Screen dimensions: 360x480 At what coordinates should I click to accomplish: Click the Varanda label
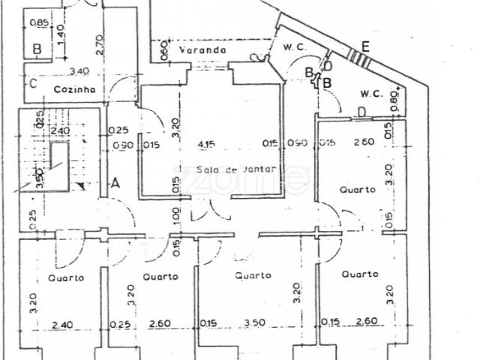pos(202,50)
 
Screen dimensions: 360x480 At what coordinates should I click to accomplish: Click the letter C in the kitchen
pos(33,83)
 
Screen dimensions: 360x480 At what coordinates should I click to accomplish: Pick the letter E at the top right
pos(364,46)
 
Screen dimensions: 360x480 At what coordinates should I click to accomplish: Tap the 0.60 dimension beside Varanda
pos(164,51)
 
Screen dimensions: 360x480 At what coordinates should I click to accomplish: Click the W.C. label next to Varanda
pos(293,46)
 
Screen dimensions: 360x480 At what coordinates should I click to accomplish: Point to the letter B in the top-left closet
pos(36,49)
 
